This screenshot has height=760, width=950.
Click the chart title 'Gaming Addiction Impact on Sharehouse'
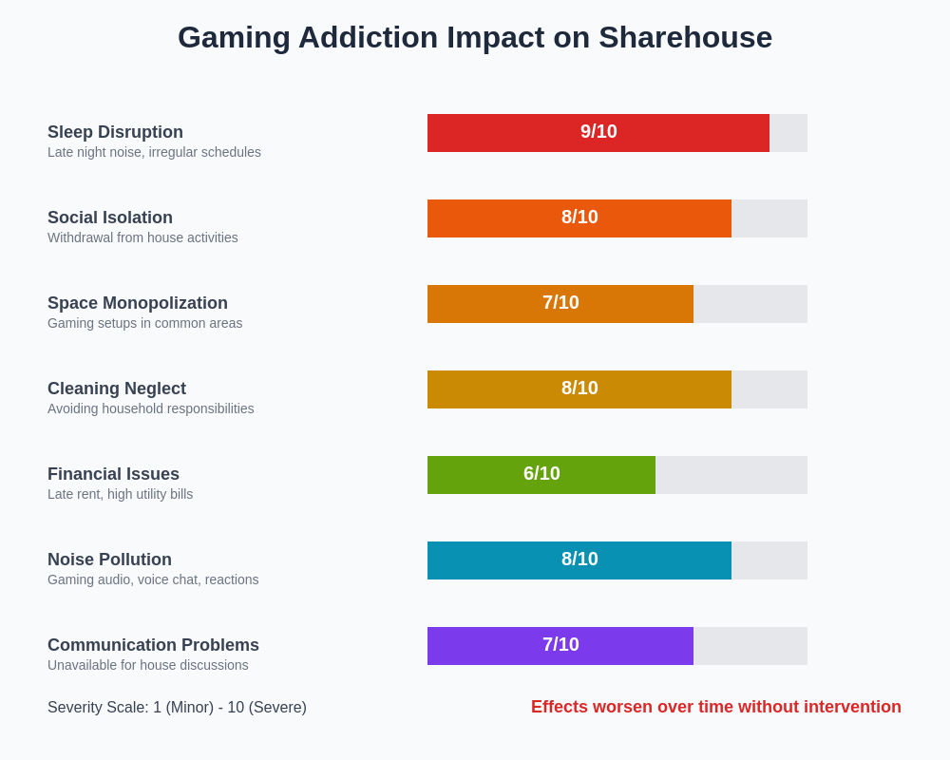[x=475, y=38]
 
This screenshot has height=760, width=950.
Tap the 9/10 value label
[x=598, y=132]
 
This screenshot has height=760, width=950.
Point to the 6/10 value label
[x=541, y=474]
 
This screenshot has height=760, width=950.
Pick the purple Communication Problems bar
[x=484, y=646]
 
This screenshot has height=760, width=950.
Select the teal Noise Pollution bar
[x=494, y=560]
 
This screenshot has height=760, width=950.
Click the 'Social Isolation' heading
[x=110, y=218]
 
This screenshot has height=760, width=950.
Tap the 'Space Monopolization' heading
[x=138, y=303]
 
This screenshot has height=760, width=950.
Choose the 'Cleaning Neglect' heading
[x=117, y=389]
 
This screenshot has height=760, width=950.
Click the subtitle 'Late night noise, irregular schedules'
[x=154, y=152]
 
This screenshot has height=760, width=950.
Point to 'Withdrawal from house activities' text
[x=142, y=237]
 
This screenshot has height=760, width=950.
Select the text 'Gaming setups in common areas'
[x=144, y=323]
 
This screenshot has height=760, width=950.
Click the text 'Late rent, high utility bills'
[x=120, y=494]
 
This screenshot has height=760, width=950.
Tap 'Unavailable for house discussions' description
[x=147, y=665]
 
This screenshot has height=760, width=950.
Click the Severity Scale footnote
[x=177, y=708]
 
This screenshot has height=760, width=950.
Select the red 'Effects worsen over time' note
[x=715, y=707]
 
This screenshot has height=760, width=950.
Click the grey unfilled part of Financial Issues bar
[x=731, y=475]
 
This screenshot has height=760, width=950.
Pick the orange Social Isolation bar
[x=494, y=218]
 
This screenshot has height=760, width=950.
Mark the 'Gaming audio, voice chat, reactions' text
[x=153, y=579]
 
